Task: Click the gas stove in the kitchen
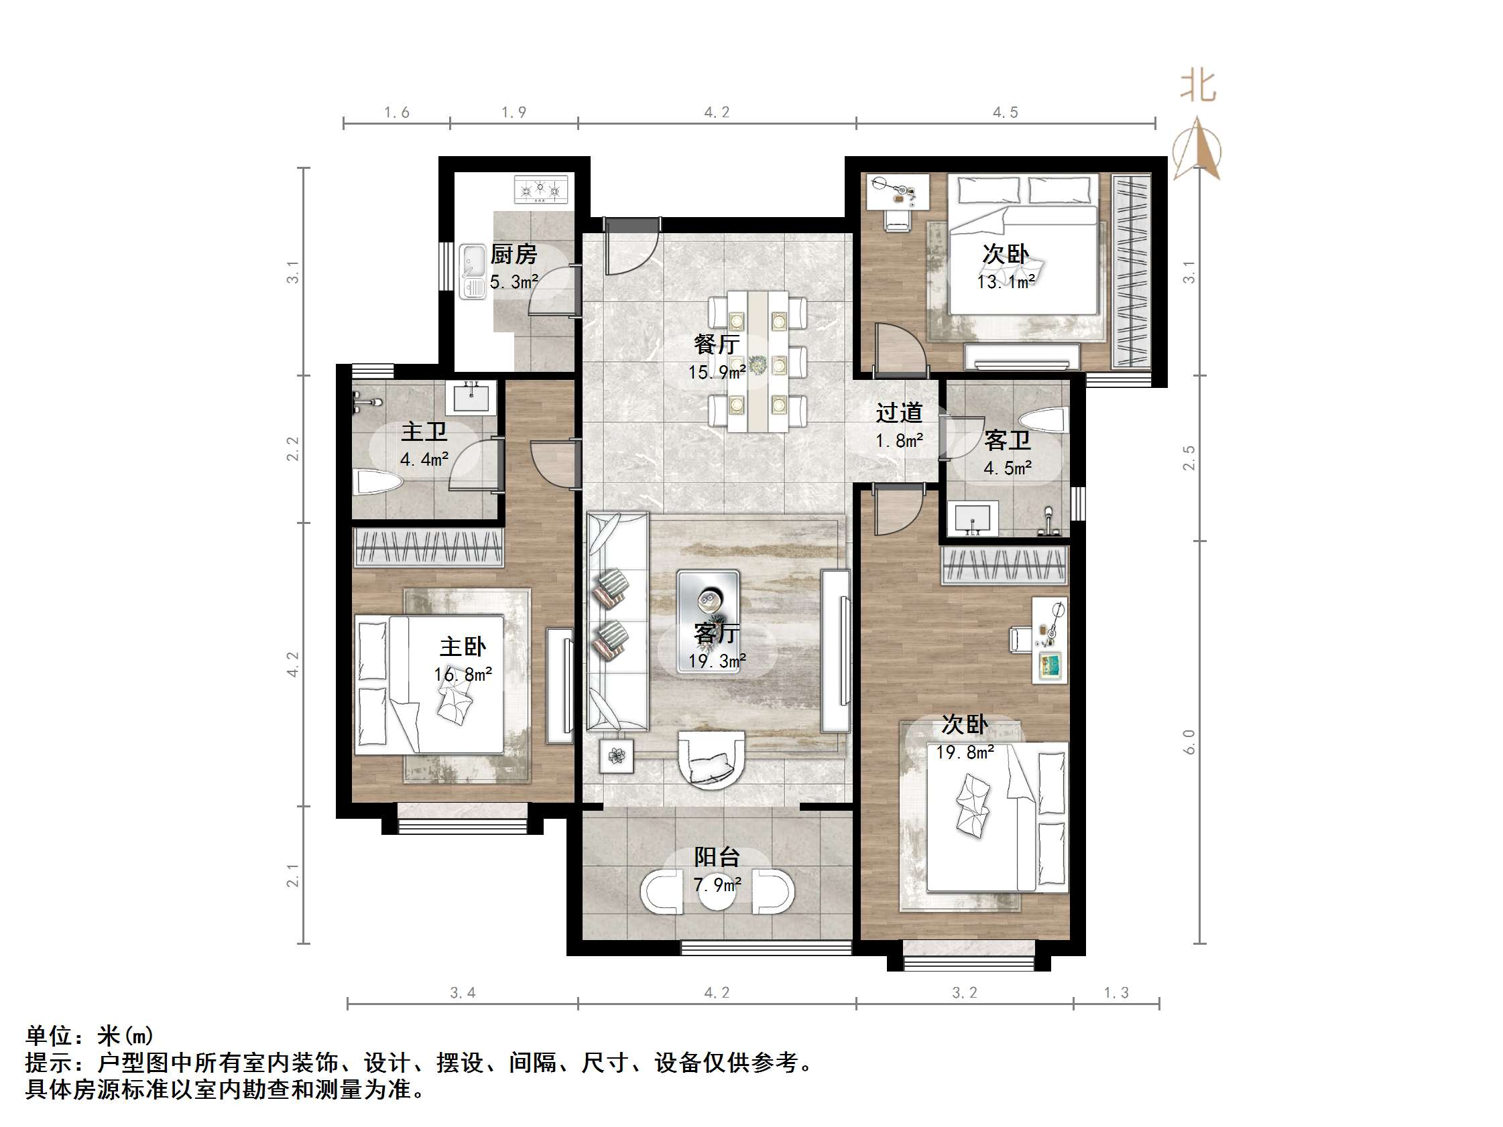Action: (541, 190)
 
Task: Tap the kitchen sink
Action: (473, 271)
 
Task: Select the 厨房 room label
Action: (514, 255)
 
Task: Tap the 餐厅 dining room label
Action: (716, 344)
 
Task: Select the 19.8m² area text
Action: (965, 752)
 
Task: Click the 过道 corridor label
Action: (899, 412)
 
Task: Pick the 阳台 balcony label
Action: (716, 856)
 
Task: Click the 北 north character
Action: (1198, 87)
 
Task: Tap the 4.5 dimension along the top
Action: (1005, 113)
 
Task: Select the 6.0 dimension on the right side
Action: (1189, 742)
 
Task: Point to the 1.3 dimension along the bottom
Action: (1116, 992)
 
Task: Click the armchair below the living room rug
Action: (711, 758)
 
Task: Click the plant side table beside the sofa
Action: (616, 755)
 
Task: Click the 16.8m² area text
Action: (463, 674)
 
